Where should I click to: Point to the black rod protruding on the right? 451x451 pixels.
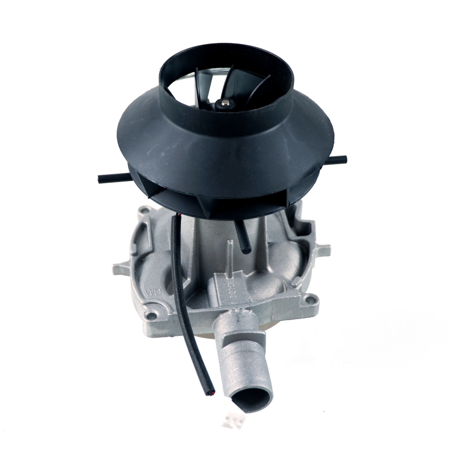pyautogui.click(x=338, y=160)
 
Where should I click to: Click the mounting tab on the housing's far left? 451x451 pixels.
pyautogui.click(x=120, y=264)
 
